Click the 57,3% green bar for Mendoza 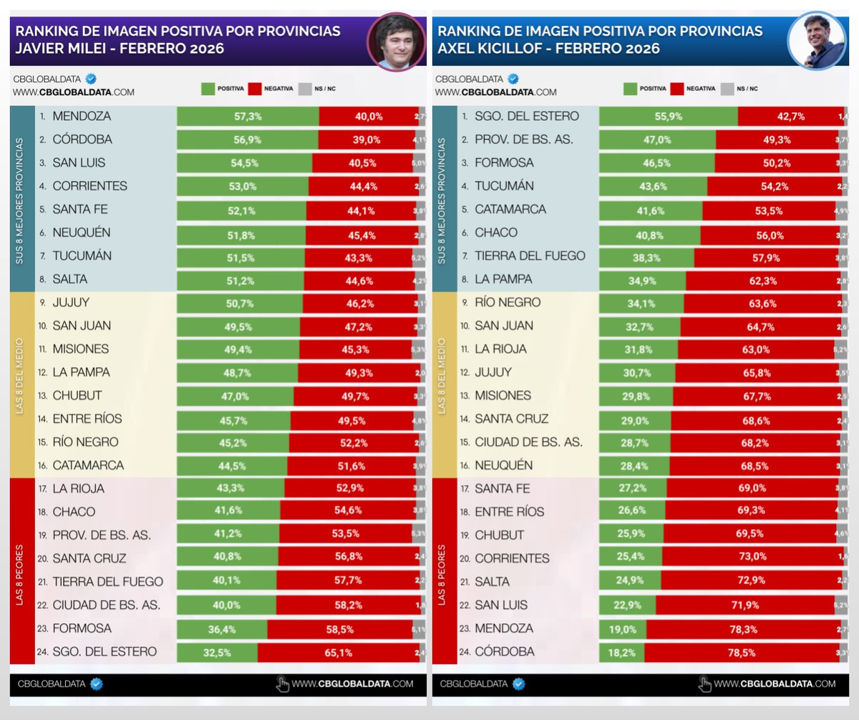click(x=248, y=116)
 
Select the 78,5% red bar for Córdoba click(x=742, y=652)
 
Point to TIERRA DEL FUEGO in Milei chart click(x=107, y=582)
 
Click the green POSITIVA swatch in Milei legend click(x=208, y=89)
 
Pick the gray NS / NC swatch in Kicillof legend click(x=727, y=89)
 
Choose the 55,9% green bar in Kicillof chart click(x=668, y=116)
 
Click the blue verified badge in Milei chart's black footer click(x=96, y=683)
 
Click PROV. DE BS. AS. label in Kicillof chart click(x=524, y=140)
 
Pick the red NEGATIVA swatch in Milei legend click(x=256, y=89)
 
